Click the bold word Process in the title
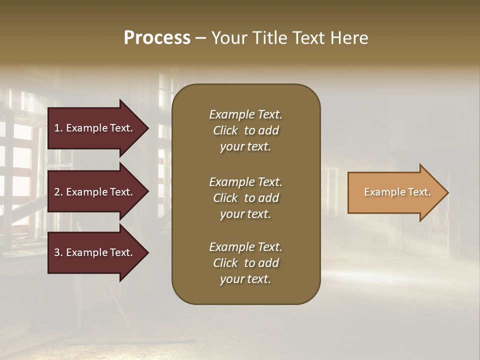(x=157, y=38)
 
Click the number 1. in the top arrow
(x=58, y=128)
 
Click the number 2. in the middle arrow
(x=58, y=192)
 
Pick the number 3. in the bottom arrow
(x=58, y=252)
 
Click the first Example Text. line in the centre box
(x=245, y=114)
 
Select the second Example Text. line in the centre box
(x=245, y=182)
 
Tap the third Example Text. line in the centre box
(x=245, y=247)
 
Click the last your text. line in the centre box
(x=245, y=279)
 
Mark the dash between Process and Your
(x=200, y=38)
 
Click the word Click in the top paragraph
(x=225, y=130)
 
